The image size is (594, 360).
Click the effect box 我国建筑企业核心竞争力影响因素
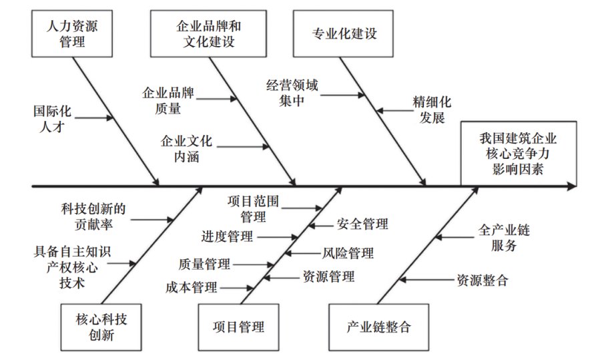point(518,154)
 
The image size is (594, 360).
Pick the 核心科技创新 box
point(101,327)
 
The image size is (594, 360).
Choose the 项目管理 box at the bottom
point(238,327)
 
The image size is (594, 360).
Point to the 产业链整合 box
point(378,327)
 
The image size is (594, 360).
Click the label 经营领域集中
point(292,93)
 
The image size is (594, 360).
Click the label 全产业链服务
point(504,237)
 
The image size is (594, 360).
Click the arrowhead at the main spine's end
point(571,186)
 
